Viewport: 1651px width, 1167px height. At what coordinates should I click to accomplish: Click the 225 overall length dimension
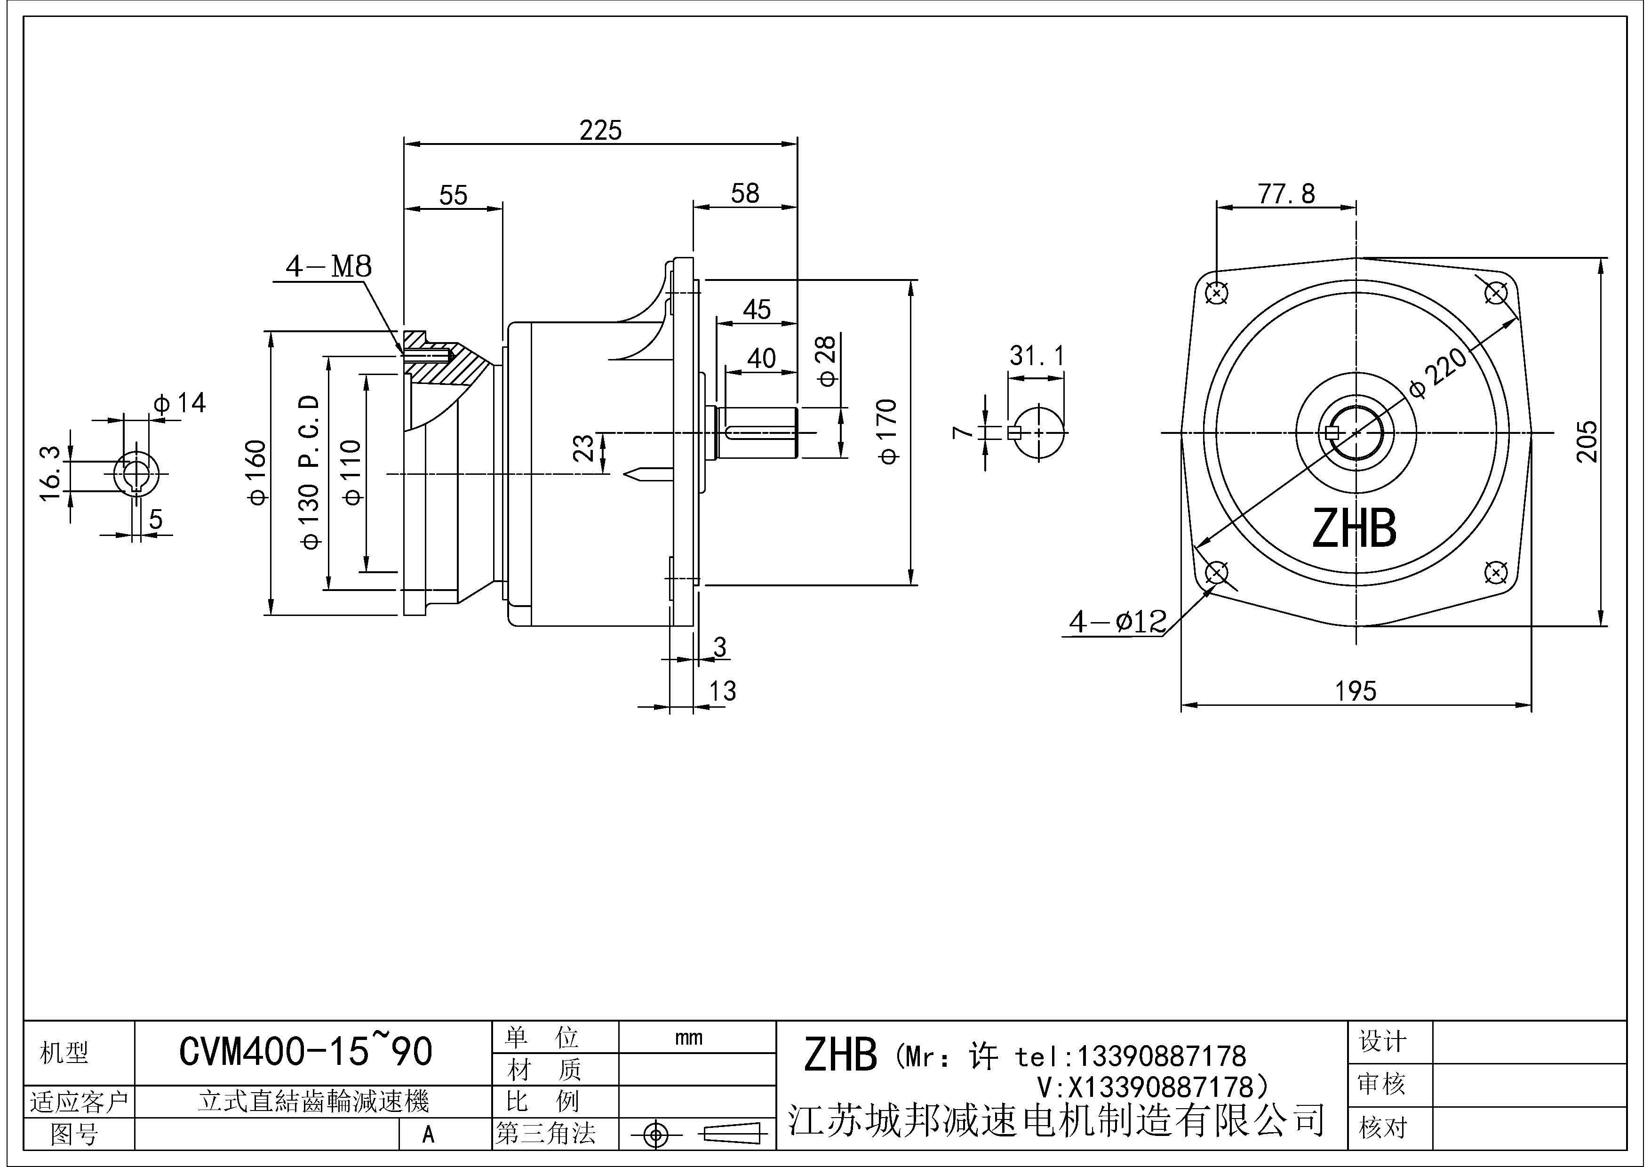click(x=600, y=131)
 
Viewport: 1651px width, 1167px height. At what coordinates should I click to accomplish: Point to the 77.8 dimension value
click(x=1286, y=194)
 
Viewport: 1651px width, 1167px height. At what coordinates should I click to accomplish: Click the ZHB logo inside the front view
click(x=1354, y=528)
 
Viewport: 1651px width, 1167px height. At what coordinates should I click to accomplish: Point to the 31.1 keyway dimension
click(x=1037, y=356)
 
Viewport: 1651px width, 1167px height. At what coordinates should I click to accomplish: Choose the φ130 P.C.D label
click(x=309, y=471)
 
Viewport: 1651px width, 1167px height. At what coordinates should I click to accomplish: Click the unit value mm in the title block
click(x=689, y=1038)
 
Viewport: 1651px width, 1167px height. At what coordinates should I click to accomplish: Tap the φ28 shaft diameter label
click(x=827, y=360)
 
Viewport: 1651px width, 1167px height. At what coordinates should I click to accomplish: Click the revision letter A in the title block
click(x=429, y=1135)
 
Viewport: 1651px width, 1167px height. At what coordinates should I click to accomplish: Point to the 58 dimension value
click(x=745, y=193)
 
